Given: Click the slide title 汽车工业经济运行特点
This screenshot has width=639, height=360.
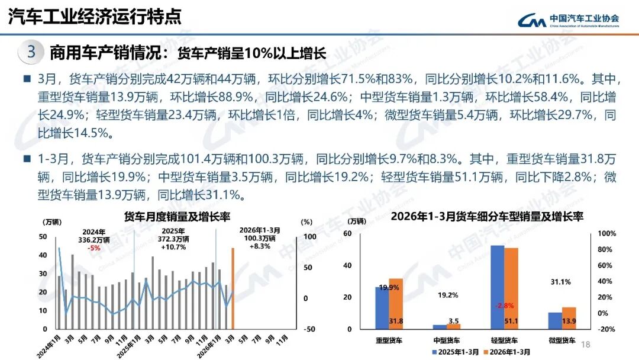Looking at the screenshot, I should pyautogui.click(x=95, y=17).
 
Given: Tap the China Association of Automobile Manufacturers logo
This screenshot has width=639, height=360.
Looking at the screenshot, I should pyautogui.click(x=569, y=20).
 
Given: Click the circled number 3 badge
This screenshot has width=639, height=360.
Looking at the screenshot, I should pyautogui.click(x=31, y=52).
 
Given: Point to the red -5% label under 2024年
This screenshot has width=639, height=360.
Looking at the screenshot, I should pyautogui.click(x=93, y=248).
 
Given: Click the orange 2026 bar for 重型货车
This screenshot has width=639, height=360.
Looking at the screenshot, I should pyautogui.click(x=396, y=303).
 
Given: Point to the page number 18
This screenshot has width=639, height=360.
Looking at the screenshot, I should pyautogui.click(x=586, y=345).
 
